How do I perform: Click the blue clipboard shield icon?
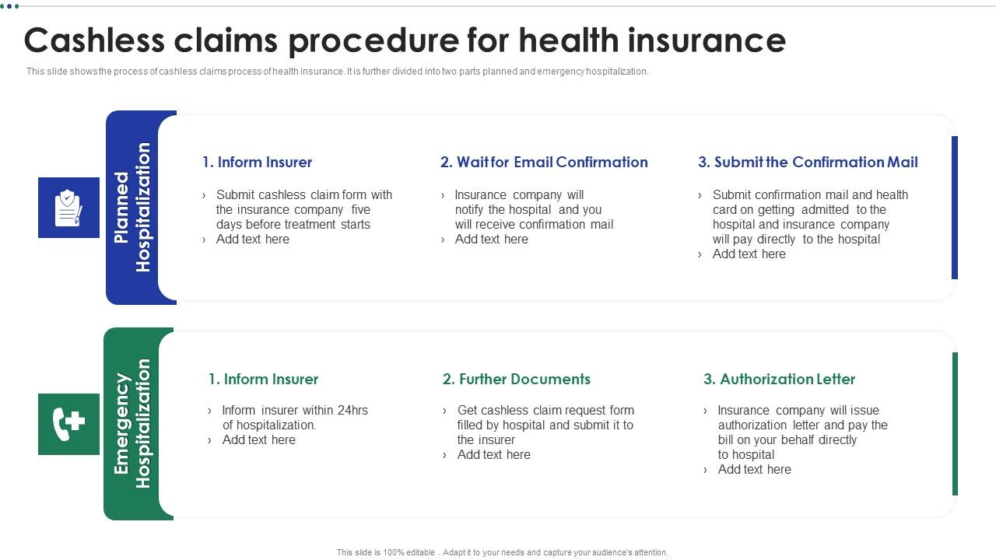(x=68, y=208)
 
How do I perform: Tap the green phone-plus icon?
(x=68, y=424)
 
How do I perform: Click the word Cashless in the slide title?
(x=100, y=40)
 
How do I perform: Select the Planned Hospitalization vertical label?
(x=132, y=208)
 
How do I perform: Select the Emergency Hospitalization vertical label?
(x=132, y=424)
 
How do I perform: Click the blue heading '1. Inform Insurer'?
(x=257, y=163)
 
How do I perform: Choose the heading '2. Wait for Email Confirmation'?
(x=544, y=163)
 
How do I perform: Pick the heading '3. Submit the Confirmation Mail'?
(x=808, y=163)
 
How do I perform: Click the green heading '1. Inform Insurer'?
(x=263, y=380)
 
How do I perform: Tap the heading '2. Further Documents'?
(x=517, y=380)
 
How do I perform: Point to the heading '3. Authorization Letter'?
(x=779, y=380)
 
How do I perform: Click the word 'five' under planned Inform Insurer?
(x=360, y=210)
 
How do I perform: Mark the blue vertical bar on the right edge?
(x=955, y=208)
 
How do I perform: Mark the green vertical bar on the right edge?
(x=955, y=424)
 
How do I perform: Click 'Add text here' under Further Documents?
(x=493, y=455)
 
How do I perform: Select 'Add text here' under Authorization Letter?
(x=754, y=470)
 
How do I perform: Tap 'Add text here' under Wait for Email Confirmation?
(x=491, y=240)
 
